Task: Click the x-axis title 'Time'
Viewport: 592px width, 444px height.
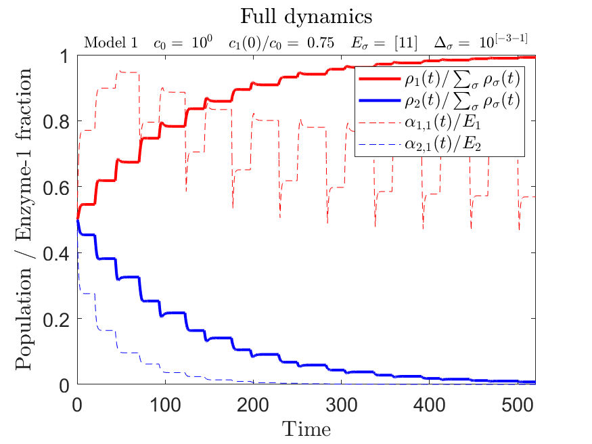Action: coord(306,428)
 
